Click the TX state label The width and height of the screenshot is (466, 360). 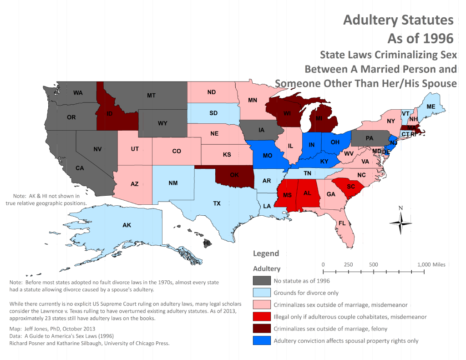(217, 203)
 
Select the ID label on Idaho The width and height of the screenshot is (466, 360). (110, 114)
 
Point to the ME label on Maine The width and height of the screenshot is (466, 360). (431, 106)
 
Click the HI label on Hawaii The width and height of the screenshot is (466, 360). (207, 243)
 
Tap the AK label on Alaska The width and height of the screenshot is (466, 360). (127, 225)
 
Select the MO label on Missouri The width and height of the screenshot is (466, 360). (268, 156)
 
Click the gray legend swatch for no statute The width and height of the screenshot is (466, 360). (261, 281)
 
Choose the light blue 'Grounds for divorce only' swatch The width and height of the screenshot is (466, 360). (261, 293)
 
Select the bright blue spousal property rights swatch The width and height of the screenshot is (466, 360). (261, 340)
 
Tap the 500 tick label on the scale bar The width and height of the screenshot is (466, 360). (374, 264)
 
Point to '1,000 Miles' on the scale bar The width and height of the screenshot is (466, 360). (431, 264)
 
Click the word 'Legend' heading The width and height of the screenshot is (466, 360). (266, 254)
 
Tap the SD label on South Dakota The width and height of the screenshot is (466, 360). (213, 113)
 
